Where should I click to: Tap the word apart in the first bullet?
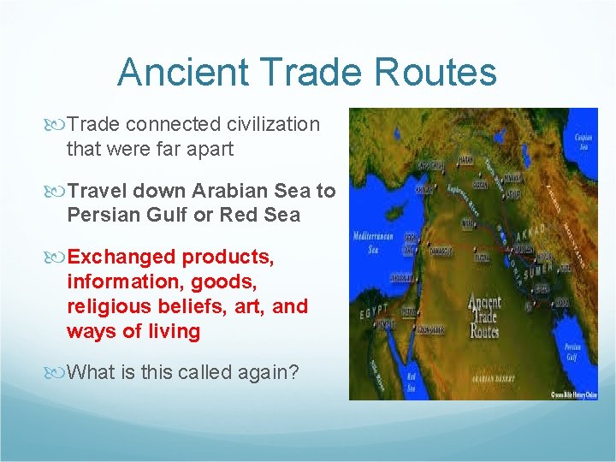point(209,149)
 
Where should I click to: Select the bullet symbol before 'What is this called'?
point(58,372)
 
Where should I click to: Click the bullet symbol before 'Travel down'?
point(58,190)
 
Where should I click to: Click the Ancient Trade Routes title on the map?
point(484,315)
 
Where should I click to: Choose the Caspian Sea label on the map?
point(583,139)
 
